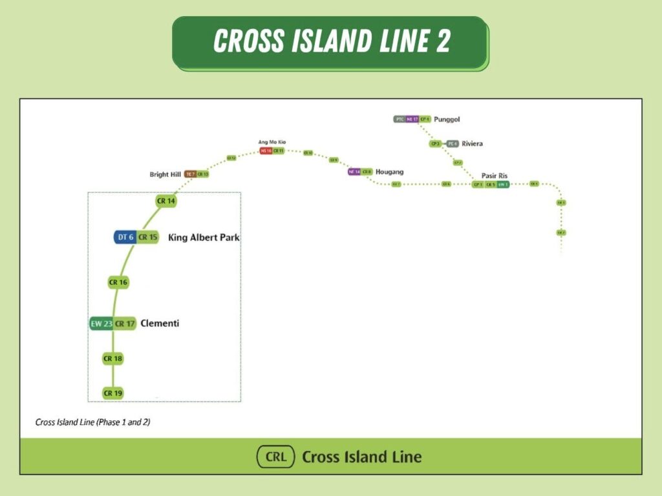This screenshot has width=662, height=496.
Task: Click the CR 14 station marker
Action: click(x=166, y=201)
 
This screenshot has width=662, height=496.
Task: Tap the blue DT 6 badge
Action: click(x=125, y=237)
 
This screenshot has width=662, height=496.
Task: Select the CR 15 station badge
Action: click(x=148, y=237)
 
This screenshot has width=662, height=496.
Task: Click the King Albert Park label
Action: click(x=204, y=238)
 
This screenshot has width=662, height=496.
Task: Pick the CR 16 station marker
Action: click(x=118, y=282)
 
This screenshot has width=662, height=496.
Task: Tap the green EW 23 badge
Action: click(x=101, y=324)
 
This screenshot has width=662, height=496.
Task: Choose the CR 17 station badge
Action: click(x=125, y=324)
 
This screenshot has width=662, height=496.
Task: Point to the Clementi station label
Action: click(x=160, y=324)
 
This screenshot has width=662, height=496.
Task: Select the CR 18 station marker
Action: click(x=113, y=358)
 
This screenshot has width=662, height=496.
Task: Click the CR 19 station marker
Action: click(x=113, y=393)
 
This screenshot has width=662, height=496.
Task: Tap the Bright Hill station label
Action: click(x=165, y=174)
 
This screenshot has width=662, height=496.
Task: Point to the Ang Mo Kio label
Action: click(x=272, y=142)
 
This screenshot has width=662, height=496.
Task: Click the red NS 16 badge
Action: click(x=266, y=150)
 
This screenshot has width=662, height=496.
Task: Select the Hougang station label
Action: click(x=389, y=172)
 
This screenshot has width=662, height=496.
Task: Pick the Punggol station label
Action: click(x=447, y=119)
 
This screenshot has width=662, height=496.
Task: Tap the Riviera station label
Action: click(x=472, y=143)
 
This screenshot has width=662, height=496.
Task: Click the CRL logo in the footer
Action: click(x=275, y=457)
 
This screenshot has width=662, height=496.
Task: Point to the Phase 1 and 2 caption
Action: click(x=93, y=422)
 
